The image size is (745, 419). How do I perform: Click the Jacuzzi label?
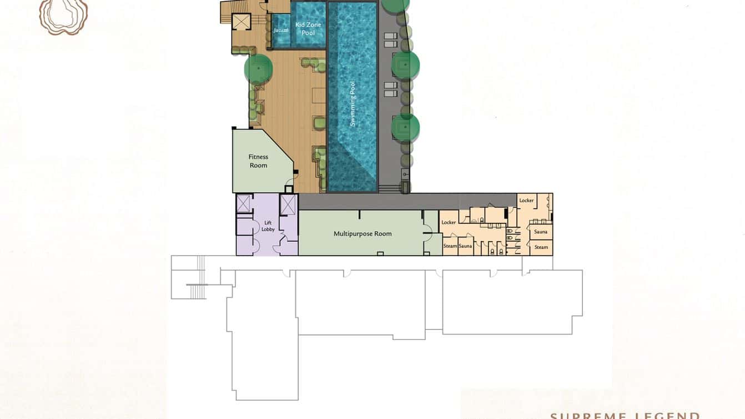(x=281, y=30)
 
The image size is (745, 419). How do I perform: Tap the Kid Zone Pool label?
(x=308, y=29)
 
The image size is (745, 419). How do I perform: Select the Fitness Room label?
(x=258, y=161)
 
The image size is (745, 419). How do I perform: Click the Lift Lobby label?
(x=268, y=226)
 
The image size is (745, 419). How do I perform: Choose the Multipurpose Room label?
(x=363, y=233)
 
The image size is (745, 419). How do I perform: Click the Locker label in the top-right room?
(x=526, y=201)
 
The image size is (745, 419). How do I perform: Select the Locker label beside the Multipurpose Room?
(x=449, y=222)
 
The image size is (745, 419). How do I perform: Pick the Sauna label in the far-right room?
(x=541, y=232)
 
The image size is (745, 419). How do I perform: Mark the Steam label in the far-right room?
(x=541, y=247)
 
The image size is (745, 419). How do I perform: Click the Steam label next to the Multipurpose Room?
(x=450, y=246)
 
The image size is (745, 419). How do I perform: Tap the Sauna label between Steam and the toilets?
(x=465, y=246)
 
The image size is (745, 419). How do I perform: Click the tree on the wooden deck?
(x=258, y=69)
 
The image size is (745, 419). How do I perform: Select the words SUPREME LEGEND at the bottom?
(x=625, y=415)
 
